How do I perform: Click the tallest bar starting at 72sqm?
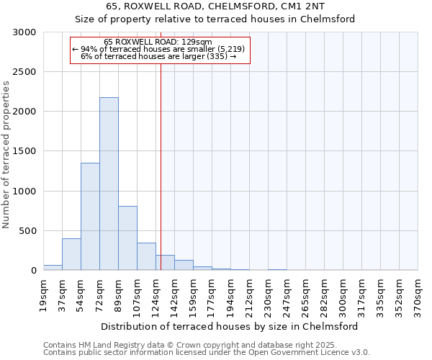point(109,184)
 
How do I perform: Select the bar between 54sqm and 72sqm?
point(90,216)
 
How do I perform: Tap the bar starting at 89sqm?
point(127,238)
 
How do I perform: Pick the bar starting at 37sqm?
point(71,254)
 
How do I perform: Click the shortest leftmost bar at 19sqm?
point(53,267)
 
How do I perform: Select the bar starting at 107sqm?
point(146,256)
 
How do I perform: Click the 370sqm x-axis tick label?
point(418,294)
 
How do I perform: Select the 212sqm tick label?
point(249,294)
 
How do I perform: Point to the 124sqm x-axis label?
point(156,294)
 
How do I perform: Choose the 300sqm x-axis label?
point(343,294)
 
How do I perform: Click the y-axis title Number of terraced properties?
point(6,155)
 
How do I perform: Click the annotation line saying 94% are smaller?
point(159,49)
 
